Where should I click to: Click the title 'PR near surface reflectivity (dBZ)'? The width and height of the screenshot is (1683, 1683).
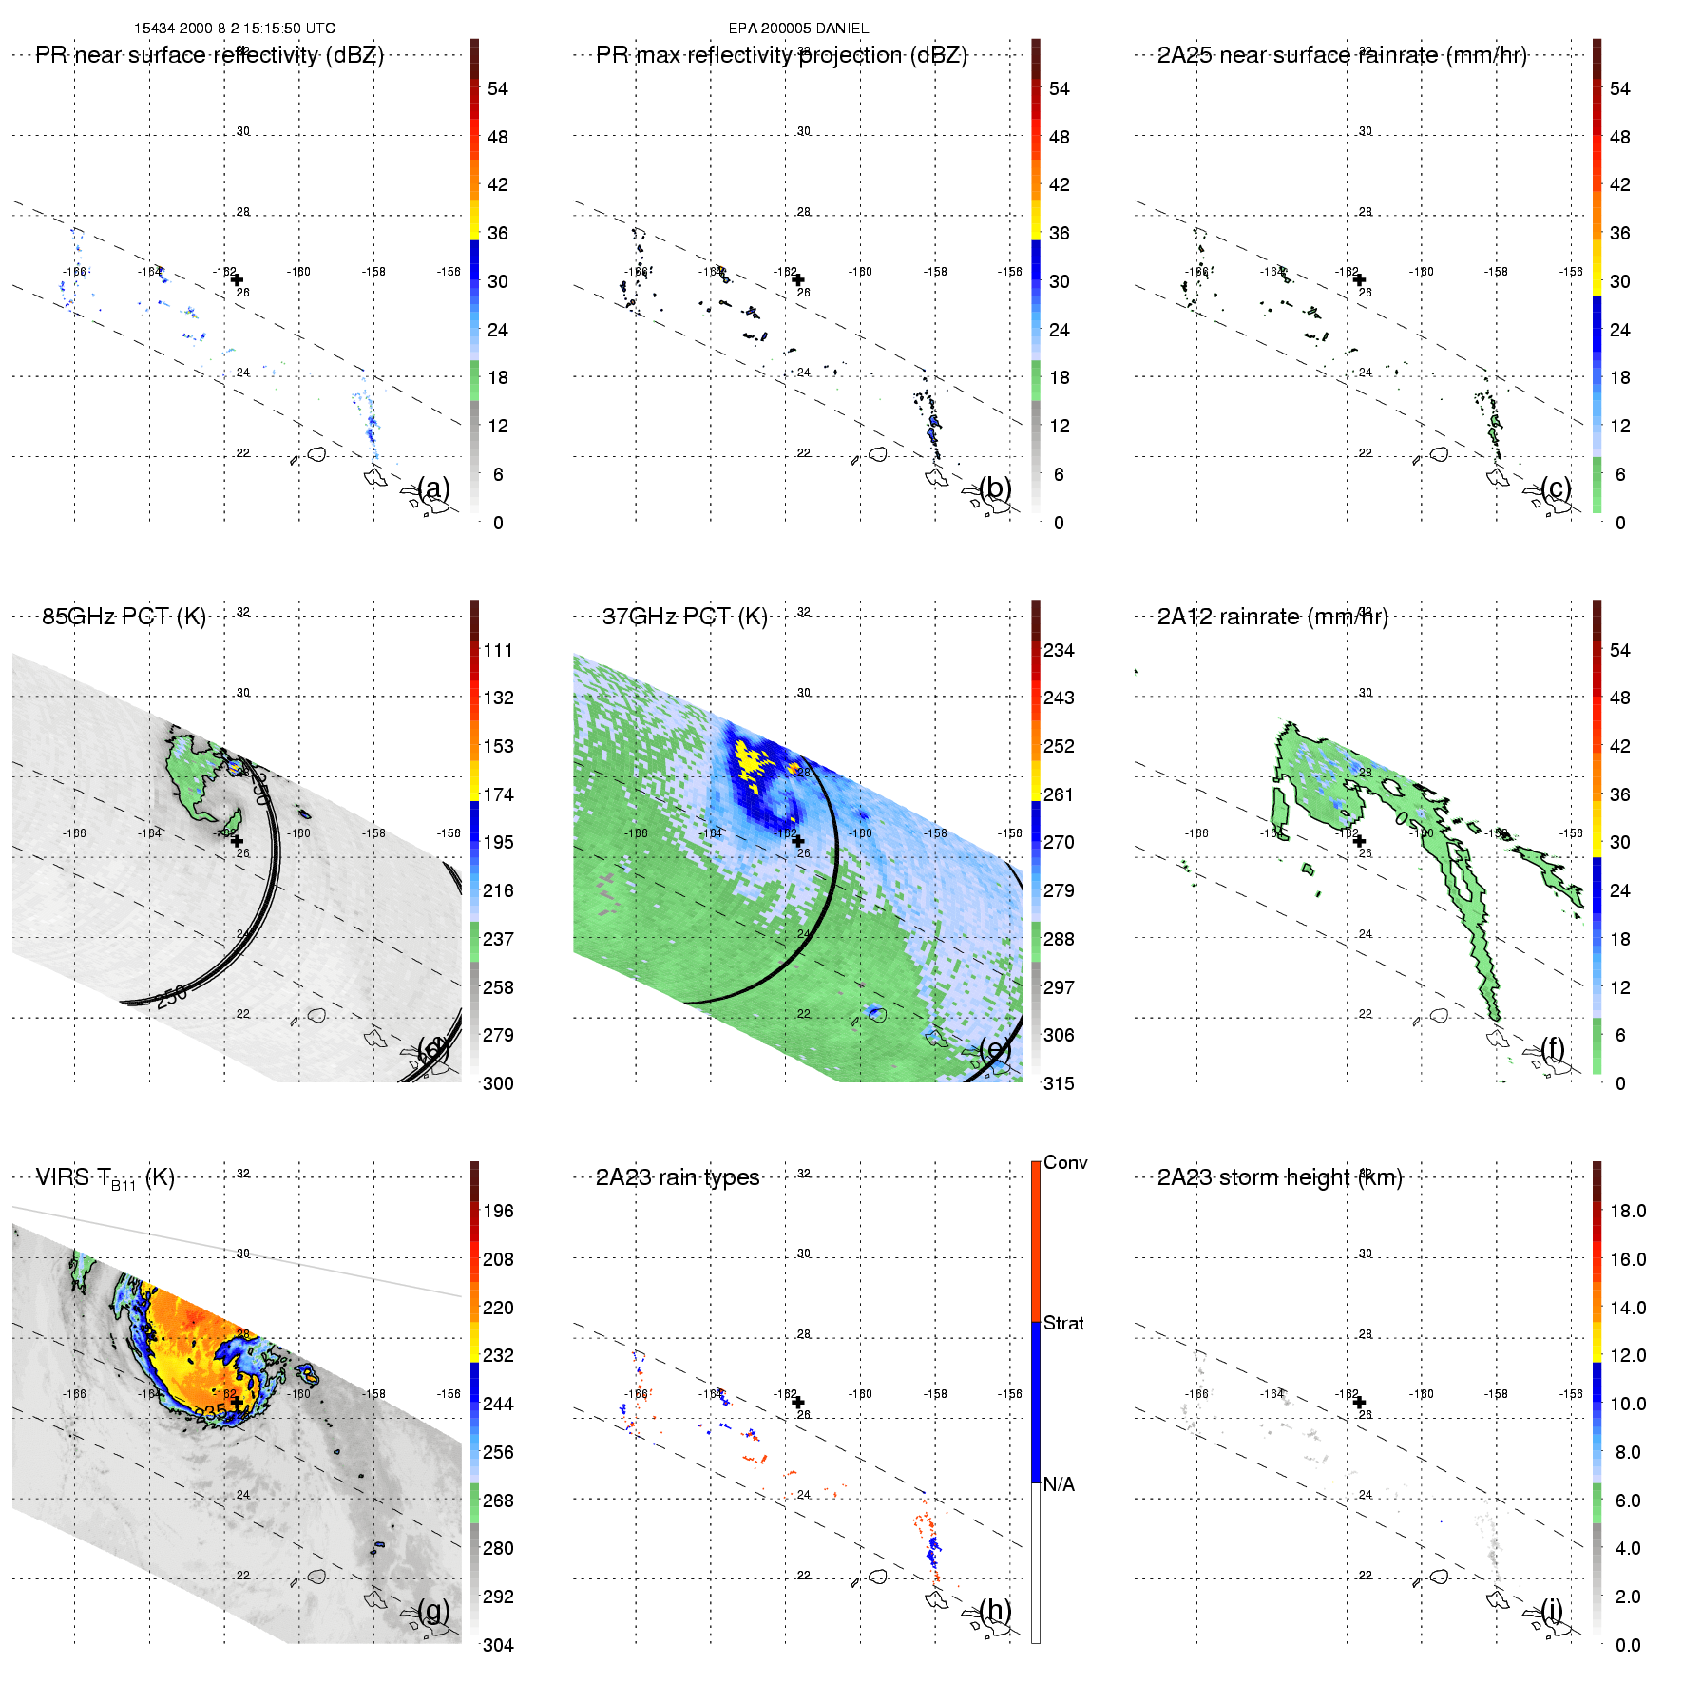[x=209, y=55]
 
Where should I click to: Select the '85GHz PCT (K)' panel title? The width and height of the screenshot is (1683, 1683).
[x=124, y=617]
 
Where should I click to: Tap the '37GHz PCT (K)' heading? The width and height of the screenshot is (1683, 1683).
[x=684, y=617]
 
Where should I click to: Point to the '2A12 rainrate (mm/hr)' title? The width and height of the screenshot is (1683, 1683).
[x=1272, y=617]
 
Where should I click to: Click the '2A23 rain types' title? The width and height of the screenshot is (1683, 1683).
[x=678, y=1177]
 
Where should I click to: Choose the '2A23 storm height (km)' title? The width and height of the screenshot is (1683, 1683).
[x=1279, y=1177]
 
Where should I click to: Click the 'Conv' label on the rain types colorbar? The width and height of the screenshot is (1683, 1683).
[x=1065, y=1162]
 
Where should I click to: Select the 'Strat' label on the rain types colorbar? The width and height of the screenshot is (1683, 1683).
[x=1063, y=1323]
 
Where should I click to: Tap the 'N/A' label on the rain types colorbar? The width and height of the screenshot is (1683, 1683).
[x=1060, y=1484]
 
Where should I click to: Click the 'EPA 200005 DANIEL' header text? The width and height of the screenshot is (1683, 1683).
[x=798, y=29]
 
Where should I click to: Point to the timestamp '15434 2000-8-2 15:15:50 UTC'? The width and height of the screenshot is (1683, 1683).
[x=235, y=29]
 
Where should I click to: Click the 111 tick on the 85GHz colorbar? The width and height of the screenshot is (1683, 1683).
[x=498, y=650]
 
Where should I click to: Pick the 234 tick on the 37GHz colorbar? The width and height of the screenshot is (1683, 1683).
[x=1059, y=650]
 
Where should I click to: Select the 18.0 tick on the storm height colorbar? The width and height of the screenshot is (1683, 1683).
[x=1628, y=1211]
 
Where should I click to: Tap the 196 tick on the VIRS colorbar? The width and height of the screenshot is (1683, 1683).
[x=498, y=1211]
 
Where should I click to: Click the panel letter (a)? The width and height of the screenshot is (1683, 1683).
[x=434, y=488]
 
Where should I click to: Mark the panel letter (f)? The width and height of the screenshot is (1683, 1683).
[x=1553, y=1048]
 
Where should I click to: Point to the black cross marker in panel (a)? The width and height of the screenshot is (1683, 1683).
[x=237, y=279]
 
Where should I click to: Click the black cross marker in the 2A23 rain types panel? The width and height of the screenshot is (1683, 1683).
[x=798, y=1402]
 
